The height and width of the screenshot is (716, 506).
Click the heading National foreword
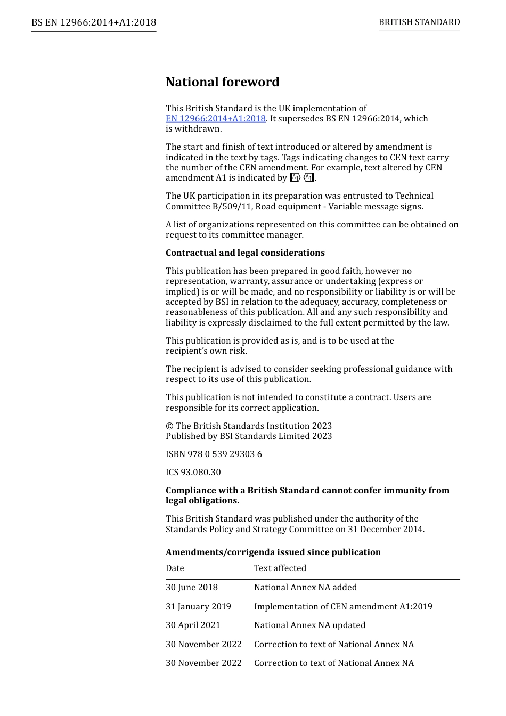pyautogui.click(x=222, y=82)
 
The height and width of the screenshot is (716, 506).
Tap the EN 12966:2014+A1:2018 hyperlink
pyautogui.click(x=215, y=119)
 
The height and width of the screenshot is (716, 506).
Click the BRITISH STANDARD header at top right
pyautogui.click(x=419, y=22)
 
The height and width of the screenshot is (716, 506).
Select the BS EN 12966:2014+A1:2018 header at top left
pyautogui.click(x=94, y=22)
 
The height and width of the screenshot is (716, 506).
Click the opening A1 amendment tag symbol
pyautogui.click(x=295, y=178)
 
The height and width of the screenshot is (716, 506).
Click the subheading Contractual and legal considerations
pyautogui.click(x=245, y=253)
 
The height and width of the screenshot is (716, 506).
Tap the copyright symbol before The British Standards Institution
pyautogui.click(x=169, y=426)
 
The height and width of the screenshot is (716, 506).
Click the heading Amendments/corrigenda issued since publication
pyautogui.click(x=273, y=552)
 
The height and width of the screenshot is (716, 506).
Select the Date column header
pyautogui.click(x=175, y=568)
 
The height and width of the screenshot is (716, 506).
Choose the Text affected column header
pyautogui.click(x=280, y=568)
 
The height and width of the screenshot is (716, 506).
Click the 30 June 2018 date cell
pyautogui.click(x=192, y=588)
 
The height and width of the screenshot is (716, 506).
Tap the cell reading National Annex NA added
pyautogui.click(x=305, y=588)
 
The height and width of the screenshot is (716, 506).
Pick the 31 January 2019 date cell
pyautogui.click(x=198, y=607)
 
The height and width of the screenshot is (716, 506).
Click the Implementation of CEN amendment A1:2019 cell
pyautogui.click(x=343, y=607)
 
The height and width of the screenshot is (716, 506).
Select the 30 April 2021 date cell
pyautogui.click(x=193, y=625)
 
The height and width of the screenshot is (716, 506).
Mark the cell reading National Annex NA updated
pyautogui.click(x=309, y=625)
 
